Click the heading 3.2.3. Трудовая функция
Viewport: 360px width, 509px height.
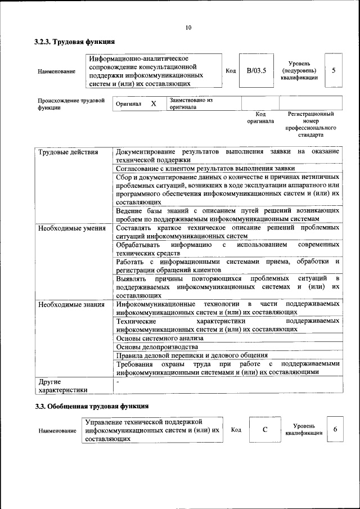coord(74,42)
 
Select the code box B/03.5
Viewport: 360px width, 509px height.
coord(256,71)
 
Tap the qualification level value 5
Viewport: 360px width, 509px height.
coord(334,70)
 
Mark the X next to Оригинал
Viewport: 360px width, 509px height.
coord(153,104)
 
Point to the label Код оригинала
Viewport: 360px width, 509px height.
coord(260,117)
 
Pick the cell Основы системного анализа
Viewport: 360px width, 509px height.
coord(159,339)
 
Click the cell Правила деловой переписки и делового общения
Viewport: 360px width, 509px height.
coord(191,355)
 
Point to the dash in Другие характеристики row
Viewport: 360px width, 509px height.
coord(117,382)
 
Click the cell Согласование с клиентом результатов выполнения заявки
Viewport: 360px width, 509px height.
coord(205,168)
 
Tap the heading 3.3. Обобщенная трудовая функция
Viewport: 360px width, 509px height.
coord(92,406)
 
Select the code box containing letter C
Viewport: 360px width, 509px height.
coord(264,430)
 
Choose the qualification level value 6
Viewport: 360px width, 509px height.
coord(335,430)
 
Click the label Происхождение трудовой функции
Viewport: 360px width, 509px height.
coord(71,104)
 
